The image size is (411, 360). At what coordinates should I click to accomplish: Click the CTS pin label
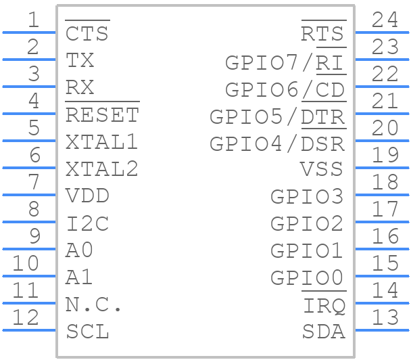(87, 34)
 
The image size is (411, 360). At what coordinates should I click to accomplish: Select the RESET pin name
(102, 116)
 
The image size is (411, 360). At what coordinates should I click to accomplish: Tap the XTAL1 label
(102, 143)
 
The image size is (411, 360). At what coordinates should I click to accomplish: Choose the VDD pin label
(88, 197)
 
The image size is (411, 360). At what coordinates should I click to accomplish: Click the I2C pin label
(88, 224)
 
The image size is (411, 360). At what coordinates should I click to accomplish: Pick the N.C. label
(94, 305)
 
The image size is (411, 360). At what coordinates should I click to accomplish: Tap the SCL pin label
(88, 332)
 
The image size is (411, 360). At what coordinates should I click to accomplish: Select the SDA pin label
(323, 332)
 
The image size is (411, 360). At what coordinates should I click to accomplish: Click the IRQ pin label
(324, 306)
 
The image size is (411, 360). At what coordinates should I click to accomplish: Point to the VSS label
(322, 170)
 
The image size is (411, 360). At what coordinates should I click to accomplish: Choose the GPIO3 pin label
(307, 197)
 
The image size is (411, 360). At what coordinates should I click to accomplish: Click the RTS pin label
(322, 34)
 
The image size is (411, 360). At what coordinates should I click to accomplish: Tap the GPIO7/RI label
(285, 63)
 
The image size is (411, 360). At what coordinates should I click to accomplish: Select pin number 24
(385, 20)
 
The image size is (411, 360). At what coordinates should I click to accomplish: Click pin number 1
(33, 20)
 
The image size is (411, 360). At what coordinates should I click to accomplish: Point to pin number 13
(385, 317)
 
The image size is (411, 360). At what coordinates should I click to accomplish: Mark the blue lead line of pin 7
(29, 195)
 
